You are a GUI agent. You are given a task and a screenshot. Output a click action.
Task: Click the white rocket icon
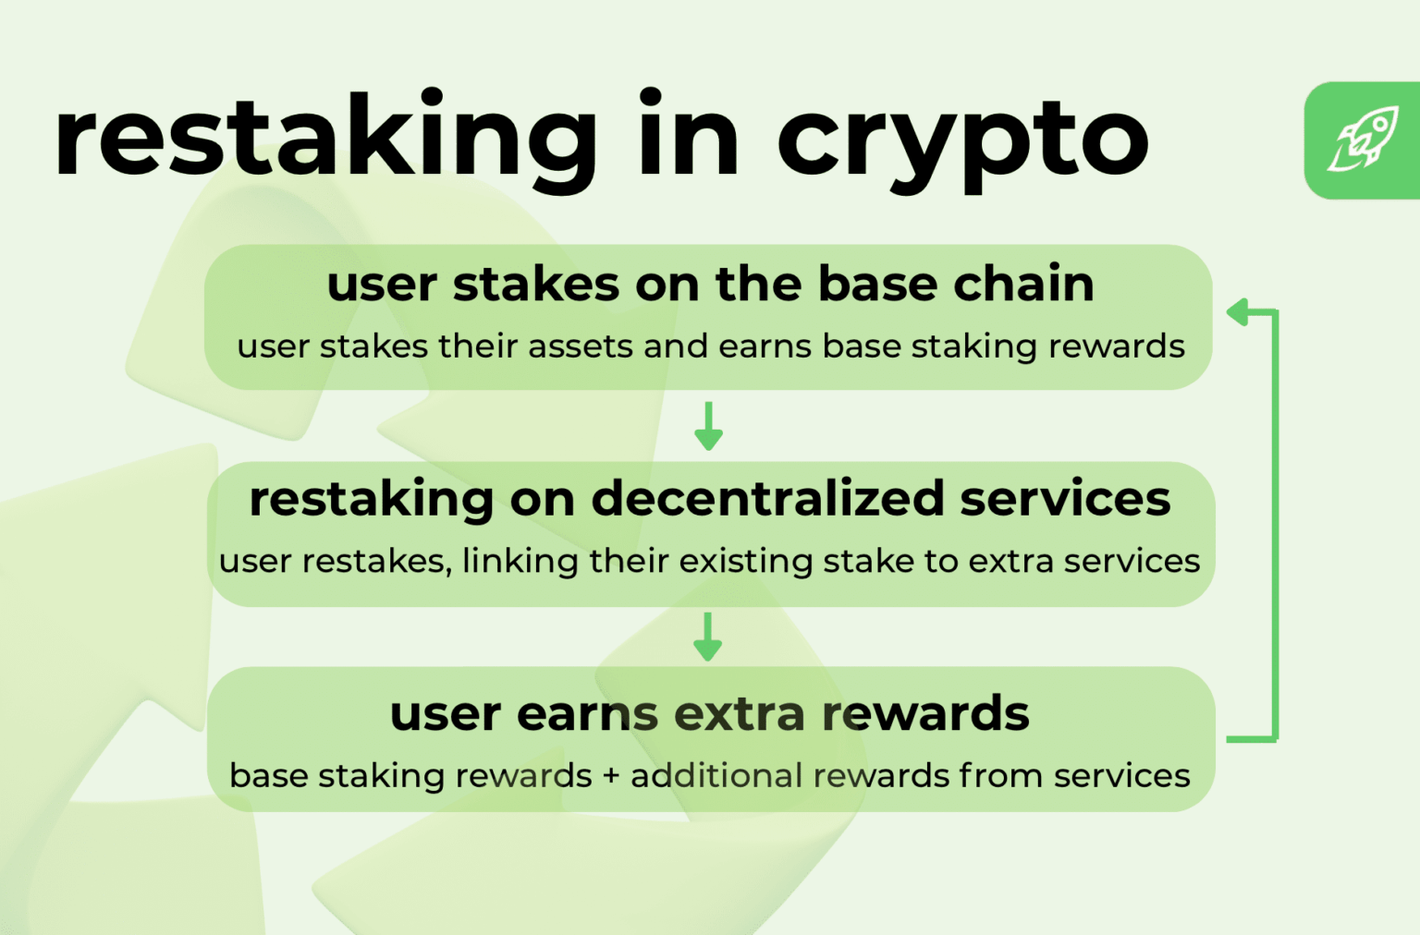[1364, 139]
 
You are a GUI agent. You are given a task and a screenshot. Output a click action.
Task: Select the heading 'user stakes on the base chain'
[711, 284]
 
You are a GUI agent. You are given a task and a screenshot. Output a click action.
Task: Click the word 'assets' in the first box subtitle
[581, 347]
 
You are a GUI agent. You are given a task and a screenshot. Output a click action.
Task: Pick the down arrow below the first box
[709, 426]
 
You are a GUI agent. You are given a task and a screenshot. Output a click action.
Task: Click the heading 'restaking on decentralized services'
[710, 499]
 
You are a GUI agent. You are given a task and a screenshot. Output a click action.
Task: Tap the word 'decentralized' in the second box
[767, 498]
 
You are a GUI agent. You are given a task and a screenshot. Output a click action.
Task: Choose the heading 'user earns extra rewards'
[709, 714]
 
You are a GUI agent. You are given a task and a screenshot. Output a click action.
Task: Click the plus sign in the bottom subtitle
[611, 777]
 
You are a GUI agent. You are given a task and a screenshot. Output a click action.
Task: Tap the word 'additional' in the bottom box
[717, 775]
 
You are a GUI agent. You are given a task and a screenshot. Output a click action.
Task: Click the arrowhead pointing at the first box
[1238, 311]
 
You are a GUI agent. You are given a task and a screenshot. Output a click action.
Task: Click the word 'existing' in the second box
[745, 562]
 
